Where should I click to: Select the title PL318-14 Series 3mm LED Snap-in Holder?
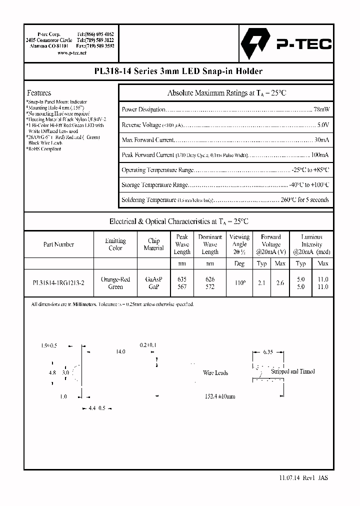pyautogui.click(x=178, y=71)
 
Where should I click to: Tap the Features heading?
pyautogui.click(x=39, y=93)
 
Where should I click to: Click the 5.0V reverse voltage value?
pyautogui.click(x=323, y=125)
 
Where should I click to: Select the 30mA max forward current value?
pyautogui.click(x=321, y=140)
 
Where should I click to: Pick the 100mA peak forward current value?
pyautogui.click(x=319, y=155)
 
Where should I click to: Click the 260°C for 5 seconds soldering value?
pyautogui.click(x=303, y=200)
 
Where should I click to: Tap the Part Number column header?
pyautogui.click(x=58, y=244)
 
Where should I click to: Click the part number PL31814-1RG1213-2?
pyautogui.click(x=58, y=283)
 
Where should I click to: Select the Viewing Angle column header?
pyautogui.click(x=239, y=244)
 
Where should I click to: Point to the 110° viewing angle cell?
pyautogui.click(x=239, y=283)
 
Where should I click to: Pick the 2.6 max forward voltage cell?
pyautogui.click(x=280, y=283)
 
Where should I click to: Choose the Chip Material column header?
pyautogui.click(x=153, y=244)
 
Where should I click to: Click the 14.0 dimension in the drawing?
pyautogui.click(x=120, y=352)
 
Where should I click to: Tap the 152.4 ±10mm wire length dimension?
pyautogui.click(x=219, y=396)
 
